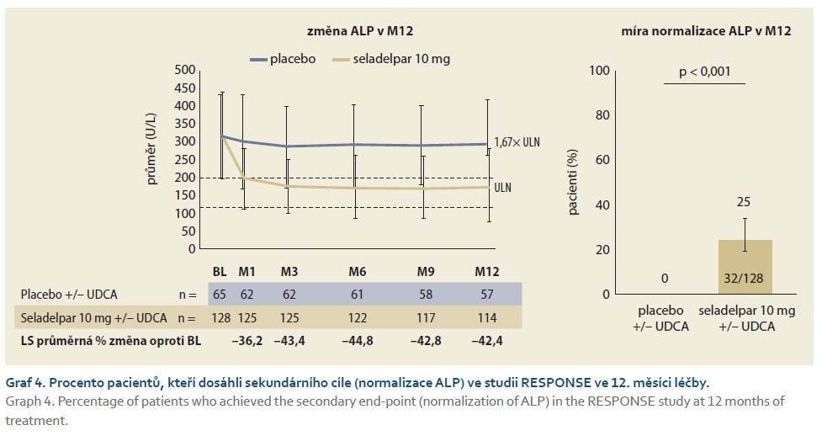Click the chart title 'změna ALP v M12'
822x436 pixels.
tap(359, 31)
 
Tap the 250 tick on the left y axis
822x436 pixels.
tap(184, 160)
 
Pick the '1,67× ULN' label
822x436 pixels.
tap(517, 143)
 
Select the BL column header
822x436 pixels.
tap(220, 272)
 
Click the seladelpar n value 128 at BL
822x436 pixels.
tap(221, 319)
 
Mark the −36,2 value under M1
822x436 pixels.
tap(247, 341)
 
